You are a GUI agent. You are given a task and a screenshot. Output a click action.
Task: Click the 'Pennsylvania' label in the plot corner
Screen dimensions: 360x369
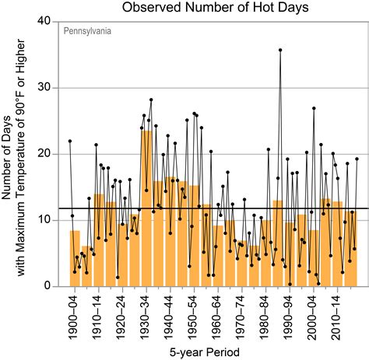point(86,33)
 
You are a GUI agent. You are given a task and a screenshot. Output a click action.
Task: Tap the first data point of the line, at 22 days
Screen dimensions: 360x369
point(70,141)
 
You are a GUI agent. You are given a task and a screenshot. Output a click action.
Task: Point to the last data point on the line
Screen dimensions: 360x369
point(357,159)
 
